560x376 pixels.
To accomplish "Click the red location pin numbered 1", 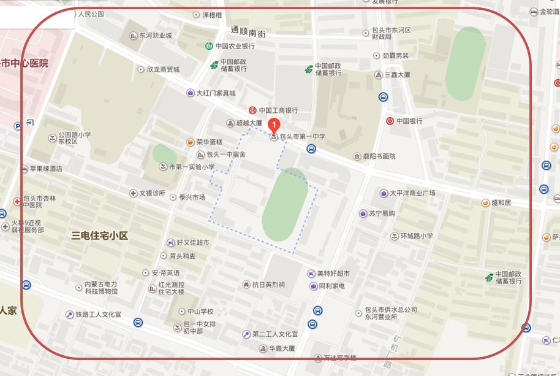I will tap(274, 125).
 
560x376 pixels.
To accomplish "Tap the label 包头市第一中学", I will tap(302, 137).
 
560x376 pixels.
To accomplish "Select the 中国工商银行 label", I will tap(278, 110).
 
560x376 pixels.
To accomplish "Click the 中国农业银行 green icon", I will tap(209, 46).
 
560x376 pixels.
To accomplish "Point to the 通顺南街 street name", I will tap(248, 33).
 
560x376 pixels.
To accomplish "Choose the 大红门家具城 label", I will tap(215, 93).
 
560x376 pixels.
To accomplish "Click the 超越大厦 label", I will tap(249, 123).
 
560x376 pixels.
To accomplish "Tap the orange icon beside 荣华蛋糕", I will tap(191, 142).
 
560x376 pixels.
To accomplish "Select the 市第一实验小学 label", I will tap(191, 167).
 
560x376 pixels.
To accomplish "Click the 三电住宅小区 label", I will tap(99, 236).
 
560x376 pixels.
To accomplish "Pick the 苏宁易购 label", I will tap(382, 213).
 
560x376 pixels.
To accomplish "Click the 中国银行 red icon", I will tap(390, 121).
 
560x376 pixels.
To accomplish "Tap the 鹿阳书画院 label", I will tap(379, 156).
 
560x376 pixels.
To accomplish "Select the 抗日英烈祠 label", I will tap(268, 285).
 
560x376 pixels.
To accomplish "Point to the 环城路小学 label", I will tap(417, 236).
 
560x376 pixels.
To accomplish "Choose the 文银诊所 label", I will tap(152, 193).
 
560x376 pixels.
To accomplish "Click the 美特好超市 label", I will tap(333, 274).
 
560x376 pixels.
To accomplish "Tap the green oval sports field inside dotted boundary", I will tap(284, 204).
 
